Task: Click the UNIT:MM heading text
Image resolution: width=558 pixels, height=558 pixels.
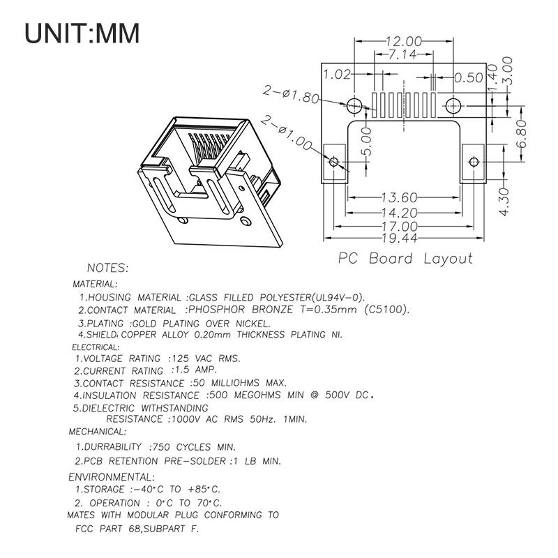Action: coord(82,33)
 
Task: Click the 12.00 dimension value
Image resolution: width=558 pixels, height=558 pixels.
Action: coord(405,41)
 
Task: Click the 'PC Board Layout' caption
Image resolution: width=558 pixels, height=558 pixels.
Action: coord(405,259)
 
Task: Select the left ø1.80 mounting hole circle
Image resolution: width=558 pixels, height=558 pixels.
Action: coord(354,106)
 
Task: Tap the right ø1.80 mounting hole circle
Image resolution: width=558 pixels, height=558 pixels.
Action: coord(454,106)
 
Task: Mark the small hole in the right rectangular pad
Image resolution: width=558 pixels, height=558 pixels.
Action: coord(474,162)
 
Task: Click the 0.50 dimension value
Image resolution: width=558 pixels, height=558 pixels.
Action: coord(469,77)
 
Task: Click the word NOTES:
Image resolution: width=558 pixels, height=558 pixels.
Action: coord(107,268)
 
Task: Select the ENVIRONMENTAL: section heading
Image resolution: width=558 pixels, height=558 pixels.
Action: coord(111,477)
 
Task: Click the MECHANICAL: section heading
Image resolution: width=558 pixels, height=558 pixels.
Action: coord(97,432)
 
